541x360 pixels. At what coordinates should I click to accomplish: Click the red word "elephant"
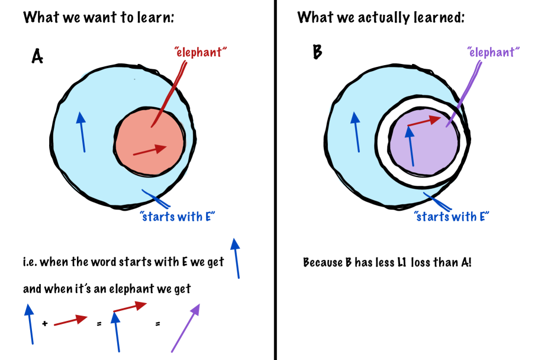[x=201, y=52]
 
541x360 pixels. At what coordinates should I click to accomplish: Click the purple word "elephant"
[x=493, y=52]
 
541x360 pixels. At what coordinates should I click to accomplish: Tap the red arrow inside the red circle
[x=149, y=150]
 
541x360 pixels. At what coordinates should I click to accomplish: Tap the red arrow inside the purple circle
[x=424, y=121]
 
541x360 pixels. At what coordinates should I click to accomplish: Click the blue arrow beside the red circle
[x=82, y=131]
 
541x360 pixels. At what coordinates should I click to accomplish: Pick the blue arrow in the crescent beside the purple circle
[x=356, y=131]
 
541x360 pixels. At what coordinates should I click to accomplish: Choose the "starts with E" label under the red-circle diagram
[x=178, y=216]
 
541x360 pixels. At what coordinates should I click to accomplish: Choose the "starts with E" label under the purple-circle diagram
[x=452, y=216]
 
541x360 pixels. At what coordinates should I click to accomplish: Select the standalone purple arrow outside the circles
[x=185, y=328]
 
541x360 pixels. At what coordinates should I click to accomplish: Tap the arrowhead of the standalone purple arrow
[x=197, y=308]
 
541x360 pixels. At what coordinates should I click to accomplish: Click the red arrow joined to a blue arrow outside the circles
[x=130, y=307]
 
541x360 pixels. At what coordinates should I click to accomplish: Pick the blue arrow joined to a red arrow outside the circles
[x=117, y=332]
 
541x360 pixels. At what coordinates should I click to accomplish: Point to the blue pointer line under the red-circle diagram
[x=156, y=198]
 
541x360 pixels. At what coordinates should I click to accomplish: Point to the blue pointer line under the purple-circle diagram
[x=437, y=201]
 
